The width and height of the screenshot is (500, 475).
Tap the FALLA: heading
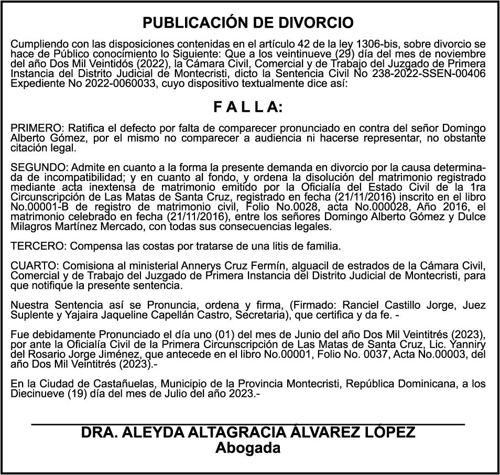(x=248, y=107)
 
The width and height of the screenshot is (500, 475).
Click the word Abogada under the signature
(x=248, y=448)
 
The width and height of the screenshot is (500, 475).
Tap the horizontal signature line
(x=248, y=423)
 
